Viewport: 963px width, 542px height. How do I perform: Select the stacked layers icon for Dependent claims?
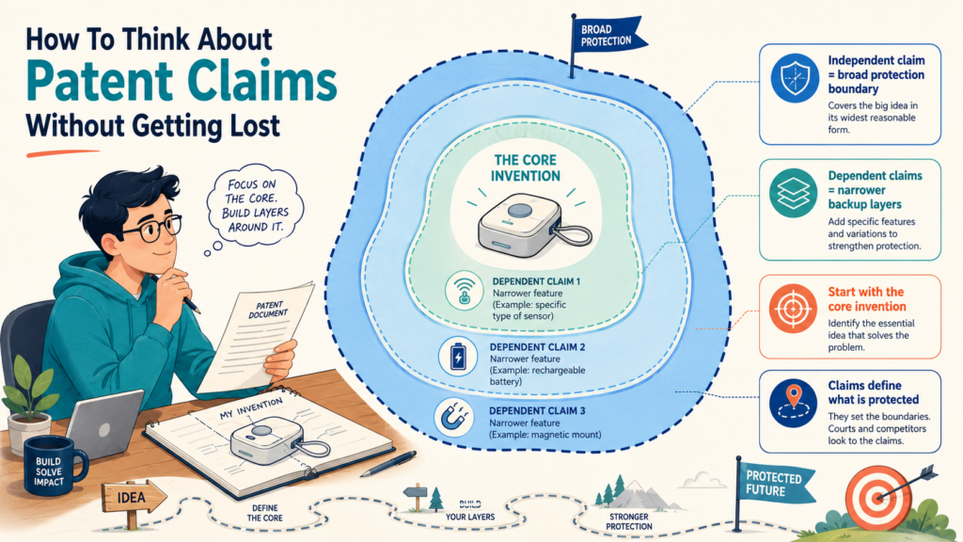(x=794, y=193)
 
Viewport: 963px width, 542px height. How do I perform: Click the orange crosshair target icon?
(x=793, y=309)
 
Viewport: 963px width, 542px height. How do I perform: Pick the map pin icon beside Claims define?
(x=794, y=403)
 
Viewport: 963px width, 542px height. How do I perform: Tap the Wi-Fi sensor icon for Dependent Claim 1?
(x=465, y=291)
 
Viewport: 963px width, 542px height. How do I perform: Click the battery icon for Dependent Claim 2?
(x=458, y=357)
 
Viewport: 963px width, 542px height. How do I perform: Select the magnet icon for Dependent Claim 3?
(x=454, y=417)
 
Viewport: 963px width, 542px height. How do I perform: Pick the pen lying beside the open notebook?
(x=387, y=464)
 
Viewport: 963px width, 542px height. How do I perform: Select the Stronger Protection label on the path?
(x=629, y=521)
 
